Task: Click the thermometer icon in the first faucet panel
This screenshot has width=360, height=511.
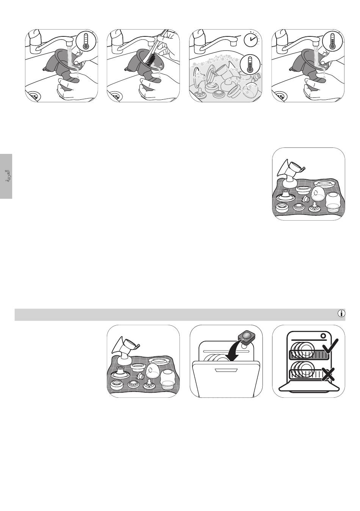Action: (x=86, y=41)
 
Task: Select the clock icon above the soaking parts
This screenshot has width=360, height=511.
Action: (x=250, y=39)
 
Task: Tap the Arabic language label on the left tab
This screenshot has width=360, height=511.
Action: (x=7, y=176)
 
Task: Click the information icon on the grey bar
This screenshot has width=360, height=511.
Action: (x=341, y=313)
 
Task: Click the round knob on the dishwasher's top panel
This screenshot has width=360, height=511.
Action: (x=323, y=336)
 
